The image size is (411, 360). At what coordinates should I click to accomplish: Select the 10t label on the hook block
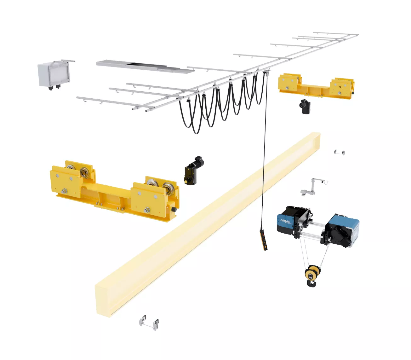tap(311, 277)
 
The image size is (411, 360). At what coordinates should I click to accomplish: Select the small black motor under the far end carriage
tap(305, 107)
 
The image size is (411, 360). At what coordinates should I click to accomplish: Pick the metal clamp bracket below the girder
tap(149, 322)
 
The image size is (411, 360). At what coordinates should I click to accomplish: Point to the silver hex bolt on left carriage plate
tap(65, 190)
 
